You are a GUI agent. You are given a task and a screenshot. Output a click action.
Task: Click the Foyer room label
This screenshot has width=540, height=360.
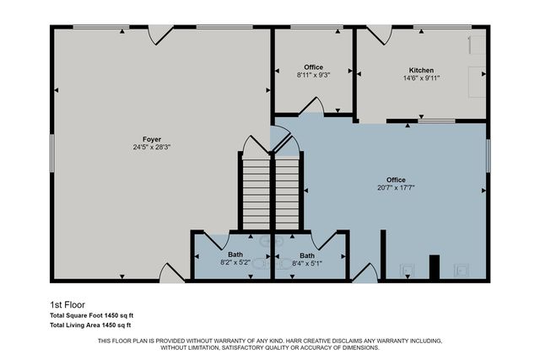(152, 139)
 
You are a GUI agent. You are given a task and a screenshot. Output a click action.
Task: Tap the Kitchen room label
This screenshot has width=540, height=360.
(421, 70)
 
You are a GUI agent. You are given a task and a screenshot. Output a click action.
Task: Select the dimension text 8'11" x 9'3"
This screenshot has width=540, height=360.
(313, 75)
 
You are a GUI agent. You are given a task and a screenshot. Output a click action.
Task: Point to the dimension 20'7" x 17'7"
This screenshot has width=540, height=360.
(396, 188)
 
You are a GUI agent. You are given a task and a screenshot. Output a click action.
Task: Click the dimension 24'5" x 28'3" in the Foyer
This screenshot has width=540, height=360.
(152, 147)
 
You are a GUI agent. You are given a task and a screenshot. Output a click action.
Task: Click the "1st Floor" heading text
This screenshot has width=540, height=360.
(67, 304)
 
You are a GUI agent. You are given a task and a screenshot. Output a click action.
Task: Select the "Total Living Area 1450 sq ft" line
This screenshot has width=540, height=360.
(90, 325)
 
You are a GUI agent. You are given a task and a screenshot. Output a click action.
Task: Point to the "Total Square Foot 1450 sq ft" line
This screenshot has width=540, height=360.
(91, 315)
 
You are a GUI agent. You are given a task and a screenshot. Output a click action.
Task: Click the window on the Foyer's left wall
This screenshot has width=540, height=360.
(52, 152)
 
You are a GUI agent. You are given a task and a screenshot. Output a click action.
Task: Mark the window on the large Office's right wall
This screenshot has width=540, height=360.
(488, 152)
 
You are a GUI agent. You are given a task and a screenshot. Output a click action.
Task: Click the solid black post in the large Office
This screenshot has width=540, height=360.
(435, 266)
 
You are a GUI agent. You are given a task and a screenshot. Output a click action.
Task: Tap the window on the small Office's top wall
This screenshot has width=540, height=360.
(312, 27)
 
